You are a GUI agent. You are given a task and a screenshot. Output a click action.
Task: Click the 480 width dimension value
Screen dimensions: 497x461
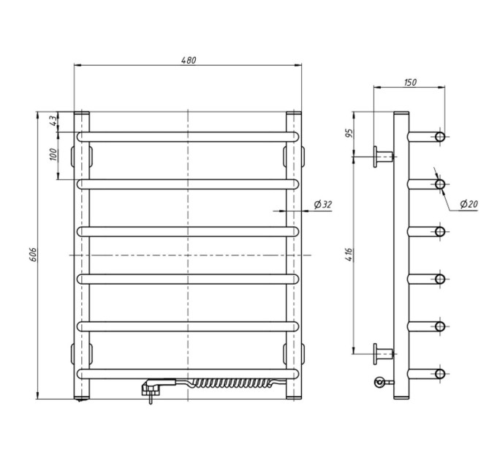tap(189, 60)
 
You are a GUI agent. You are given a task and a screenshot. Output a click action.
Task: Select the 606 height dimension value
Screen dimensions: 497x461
tap(34, 255)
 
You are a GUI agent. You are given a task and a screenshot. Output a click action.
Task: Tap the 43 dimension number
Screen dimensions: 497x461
tap(53, 120)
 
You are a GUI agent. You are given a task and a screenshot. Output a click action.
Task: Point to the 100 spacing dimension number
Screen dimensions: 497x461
tap(53, 154)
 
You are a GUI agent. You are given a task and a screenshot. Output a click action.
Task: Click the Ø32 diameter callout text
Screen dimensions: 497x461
tap(322, 205)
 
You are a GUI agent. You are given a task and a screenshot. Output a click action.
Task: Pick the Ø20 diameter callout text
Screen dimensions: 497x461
tap(468, 204)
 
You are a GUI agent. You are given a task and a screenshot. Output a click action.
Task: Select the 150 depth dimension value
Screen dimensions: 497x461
tap(410, 83)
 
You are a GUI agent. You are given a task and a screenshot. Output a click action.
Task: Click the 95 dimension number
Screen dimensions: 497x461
tap(349, 134)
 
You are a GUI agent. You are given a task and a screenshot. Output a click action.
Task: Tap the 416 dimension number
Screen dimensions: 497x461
tap(349, 255)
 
